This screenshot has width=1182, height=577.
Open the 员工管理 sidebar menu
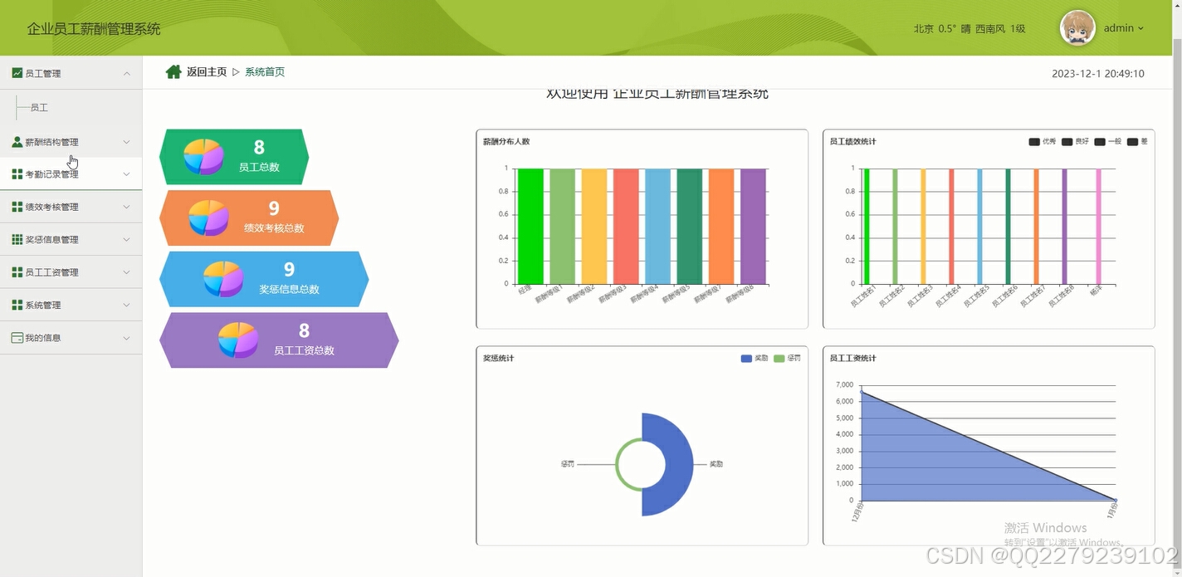tap(43, 73)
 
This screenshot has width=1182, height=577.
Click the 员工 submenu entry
tap(39, 108)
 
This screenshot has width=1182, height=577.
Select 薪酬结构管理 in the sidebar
tap(51, 142)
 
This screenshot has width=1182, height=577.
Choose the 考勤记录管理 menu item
tap(51, 174)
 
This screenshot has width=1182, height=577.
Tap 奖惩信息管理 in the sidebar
tap(51, 240)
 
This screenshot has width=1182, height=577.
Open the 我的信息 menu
tap(42, 338)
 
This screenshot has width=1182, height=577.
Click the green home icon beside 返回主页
tap(173, 72)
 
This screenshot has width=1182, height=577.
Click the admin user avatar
tap(1077, 28)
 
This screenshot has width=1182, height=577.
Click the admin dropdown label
tap(1123, 28)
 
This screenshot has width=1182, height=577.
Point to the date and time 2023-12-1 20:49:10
tap(1097, 74)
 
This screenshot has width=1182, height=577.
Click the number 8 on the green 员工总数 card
tap(259, 148)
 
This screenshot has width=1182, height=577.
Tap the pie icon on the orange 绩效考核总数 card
tap(208, 218)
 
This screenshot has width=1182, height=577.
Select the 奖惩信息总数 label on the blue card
tap(289, 290)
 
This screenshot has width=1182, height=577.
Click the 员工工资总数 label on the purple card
tap(304, 351)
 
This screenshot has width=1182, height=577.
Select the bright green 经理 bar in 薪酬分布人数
tap(530, 227)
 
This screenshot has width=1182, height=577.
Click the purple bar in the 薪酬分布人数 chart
tap(753, 227)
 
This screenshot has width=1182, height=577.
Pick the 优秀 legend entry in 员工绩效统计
tap(1042, 142)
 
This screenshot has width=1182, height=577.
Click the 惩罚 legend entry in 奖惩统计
tap(787, 359)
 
